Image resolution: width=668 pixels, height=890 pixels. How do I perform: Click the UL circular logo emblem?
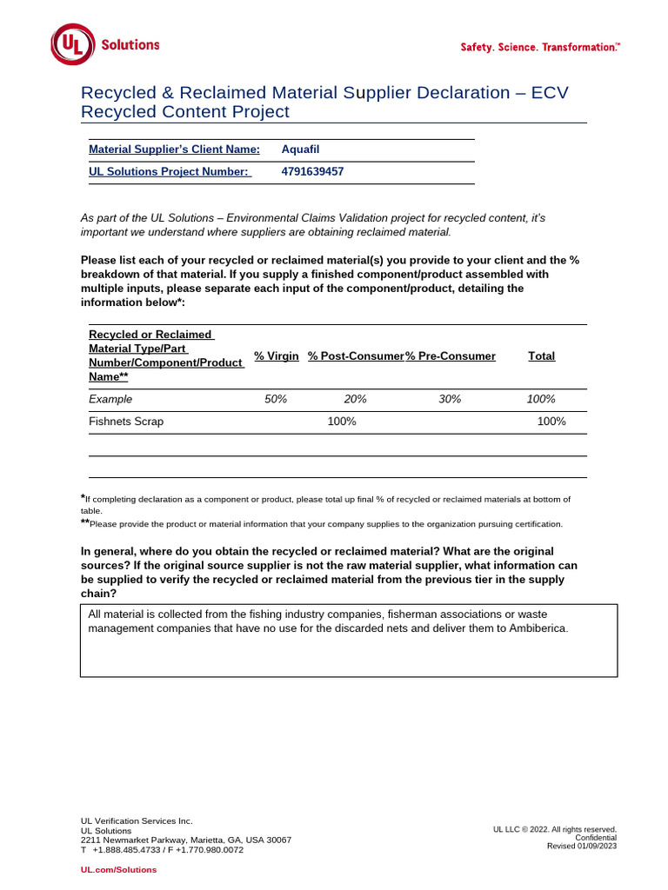click(72, 44)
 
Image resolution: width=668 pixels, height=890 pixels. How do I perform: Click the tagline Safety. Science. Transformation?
click(540, 47)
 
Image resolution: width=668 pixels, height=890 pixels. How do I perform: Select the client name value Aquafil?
click(301, 149)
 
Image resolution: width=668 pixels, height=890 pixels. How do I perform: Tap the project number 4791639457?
click(312, 172)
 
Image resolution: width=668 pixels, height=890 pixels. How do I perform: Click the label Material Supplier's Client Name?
click(174, 149)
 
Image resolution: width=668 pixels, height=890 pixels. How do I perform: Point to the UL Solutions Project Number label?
click(170, 172)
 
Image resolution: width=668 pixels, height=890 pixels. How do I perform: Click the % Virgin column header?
click(276, 356)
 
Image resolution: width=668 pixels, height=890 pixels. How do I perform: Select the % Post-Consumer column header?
click(355, 356)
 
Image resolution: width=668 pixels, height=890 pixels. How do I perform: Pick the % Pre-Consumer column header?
click(451, 356)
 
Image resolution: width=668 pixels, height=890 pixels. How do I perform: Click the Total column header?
click(541, 356)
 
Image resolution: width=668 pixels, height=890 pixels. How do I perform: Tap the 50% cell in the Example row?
click(276, 399)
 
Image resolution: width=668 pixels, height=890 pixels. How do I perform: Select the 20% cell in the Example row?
click(355, 399)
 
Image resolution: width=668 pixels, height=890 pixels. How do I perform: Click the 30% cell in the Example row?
click(450, 399)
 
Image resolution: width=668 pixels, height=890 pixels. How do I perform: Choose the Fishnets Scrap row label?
click(126, 422)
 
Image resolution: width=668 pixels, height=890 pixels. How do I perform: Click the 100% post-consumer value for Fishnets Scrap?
click(341, 422)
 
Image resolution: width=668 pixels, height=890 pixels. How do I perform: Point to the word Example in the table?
click(110, 399)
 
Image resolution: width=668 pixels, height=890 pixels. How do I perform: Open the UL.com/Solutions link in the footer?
click(119, 870)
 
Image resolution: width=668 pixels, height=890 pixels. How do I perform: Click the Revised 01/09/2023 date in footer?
click(581, 846)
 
